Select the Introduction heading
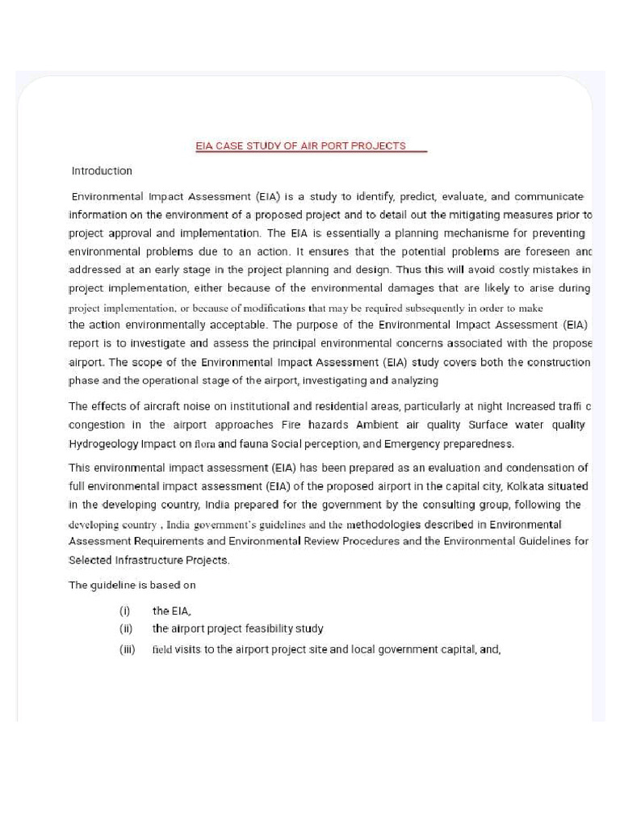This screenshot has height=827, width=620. click(x=102, y=171)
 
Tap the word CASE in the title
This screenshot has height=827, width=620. click(x=231, y=146)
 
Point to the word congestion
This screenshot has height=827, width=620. click(x=97, y=425)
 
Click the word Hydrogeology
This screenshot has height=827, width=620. click(x=103, y=443)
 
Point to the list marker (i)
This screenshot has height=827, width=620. click(x=125, y=611)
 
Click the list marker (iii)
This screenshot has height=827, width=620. click(x=127, y=649)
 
